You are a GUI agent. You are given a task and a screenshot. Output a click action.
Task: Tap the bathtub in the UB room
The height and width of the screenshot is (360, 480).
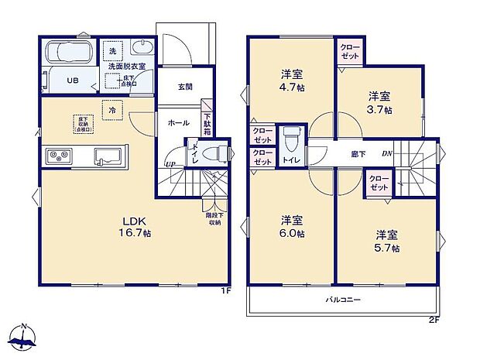click(70, 54)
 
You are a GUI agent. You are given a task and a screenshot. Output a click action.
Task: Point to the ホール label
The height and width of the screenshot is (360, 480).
click(177, 122)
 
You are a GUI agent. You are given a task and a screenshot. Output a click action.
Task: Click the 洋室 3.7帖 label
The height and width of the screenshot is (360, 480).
click(379, 102)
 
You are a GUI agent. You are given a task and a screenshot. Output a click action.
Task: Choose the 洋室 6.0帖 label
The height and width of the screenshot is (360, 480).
click(292, 226)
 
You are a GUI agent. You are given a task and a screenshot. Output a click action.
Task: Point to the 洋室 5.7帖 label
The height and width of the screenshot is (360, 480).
click(387, 241)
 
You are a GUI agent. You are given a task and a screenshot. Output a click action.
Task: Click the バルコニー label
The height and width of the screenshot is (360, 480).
click(343, 299)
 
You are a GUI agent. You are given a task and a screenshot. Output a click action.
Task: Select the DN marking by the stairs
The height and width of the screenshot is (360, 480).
click(386, 153)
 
